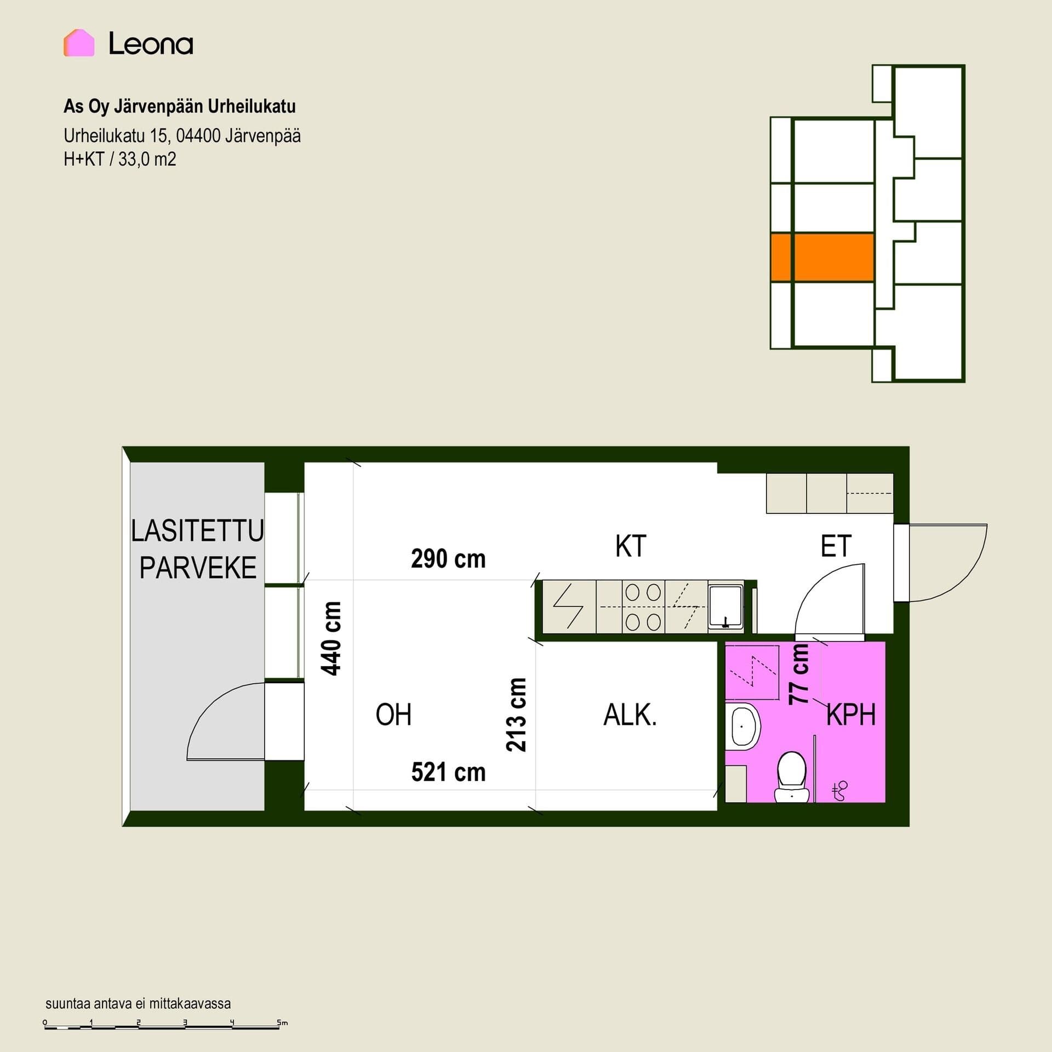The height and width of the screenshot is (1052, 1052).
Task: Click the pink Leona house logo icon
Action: pyautogui.click(x=79, y=43)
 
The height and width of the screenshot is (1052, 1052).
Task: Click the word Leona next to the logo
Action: pyautogui.click(x=151, y=44)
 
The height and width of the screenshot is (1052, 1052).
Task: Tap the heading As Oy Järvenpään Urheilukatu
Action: pyautogui.click(x=180, y=106)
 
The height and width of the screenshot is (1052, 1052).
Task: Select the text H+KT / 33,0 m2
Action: pyautogui.click(x=120, y=159)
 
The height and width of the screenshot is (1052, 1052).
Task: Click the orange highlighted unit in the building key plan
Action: pyautogui.click(x=822, y=258)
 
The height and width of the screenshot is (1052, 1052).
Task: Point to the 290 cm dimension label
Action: pyautogui.click(x=448, y=559)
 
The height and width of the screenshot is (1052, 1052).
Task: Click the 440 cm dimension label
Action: pyautogui.click(x=331, y=638)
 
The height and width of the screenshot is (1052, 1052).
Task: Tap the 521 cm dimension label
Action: pyautogui.click(x=448, y=773)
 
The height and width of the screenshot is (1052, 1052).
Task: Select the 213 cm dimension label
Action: pyautogui.click(x=516, y=714)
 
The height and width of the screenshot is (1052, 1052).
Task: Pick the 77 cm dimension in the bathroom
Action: pyautogui.click(x=799, y=674)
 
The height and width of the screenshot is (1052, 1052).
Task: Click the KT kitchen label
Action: pyautogui.click(x=631, y=546)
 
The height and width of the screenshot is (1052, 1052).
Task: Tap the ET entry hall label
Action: pyautogui.click(x=836, y=546)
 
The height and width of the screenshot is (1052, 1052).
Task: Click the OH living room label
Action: pyautogui.click(x=393, y=715)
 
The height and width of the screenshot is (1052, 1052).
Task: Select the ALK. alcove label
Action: pyautogui.click(x=630, y=715)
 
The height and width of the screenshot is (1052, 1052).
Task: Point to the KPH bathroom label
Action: pyautogui.click(x=851, y=715)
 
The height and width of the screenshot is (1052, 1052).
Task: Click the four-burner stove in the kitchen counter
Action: pyautogui.click(x=643, y=607)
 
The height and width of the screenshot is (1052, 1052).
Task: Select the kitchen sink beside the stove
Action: pyautogui.click(x=726, y=606)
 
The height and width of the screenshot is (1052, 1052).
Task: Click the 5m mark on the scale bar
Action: pyautogui.click(x=282, y=1022)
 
